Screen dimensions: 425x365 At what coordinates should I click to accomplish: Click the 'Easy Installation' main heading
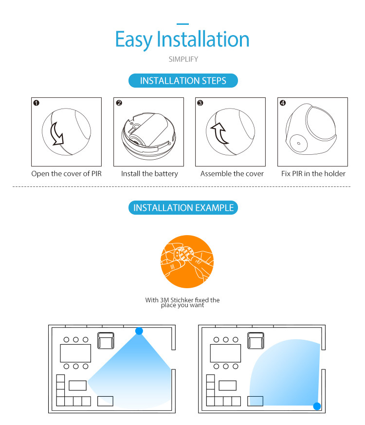point(182,39)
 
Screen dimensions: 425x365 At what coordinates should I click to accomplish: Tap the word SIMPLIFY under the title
point(183,59)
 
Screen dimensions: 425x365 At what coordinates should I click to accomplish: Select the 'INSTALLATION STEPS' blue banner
point(183,81)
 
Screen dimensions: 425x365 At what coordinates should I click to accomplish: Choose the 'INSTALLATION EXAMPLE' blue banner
point(183,208)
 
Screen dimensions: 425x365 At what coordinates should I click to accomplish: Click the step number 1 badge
point(36,103)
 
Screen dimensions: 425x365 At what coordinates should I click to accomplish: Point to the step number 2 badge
point(119,103)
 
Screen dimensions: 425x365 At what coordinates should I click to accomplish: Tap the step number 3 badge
point(200,103)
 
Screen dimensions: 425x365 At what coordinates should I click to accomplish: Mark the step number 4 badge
point(283,103)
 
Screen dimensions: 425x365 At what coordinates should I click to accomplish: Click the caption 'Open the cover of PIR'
point(67,174)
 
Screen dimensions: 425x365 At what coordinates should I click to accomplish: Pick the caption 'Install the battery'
point(149,174)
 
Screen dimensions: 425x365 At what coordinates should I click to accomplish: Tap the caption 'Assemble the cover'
point(232,174)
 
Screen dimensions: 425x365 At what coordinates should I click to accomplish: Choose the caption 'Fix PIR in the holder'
point(313,174)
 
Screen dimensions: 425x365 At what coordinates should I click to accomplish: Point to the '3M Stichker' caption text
point(182,302)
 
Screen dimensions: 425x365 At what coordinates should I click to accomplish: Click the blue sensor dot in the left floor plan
point(139,331)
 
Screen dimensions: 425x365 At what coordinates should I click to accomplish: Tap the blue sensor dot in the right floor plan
point(317,406)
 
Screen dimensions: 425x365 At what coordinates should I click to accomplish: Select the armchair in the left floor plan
point(106,340)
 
